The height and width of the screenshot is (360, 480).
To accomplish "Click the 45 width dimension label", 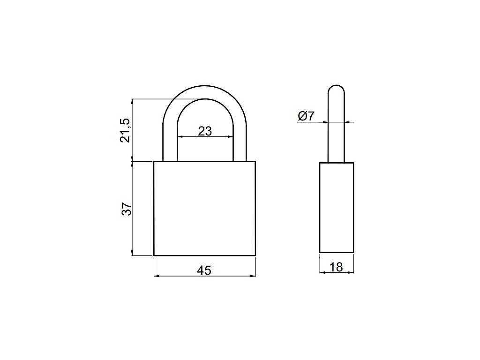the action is click(x=204, y=270).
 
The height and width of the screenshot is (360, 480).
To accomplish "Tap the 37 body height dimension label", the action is click(x=127, y=209).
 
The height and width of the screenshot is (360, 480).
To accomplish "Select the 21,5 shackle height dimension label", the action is click(x=125, y=130).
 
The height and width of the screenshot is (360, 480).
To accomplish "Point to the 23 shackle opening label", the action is click(x=205, y=131).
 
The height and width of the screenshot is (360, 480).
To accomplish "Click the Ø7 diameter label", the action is click(x=306, y=116).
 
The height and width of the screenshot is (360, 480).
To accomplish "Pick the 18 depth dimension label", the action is click(x=336, y=267).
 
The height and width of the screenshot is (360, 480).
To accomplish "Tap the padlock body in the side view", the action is click(x=337, y=208).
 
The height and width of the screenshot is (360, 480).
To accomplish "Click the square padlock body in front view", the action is click(x=204, y=208).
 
